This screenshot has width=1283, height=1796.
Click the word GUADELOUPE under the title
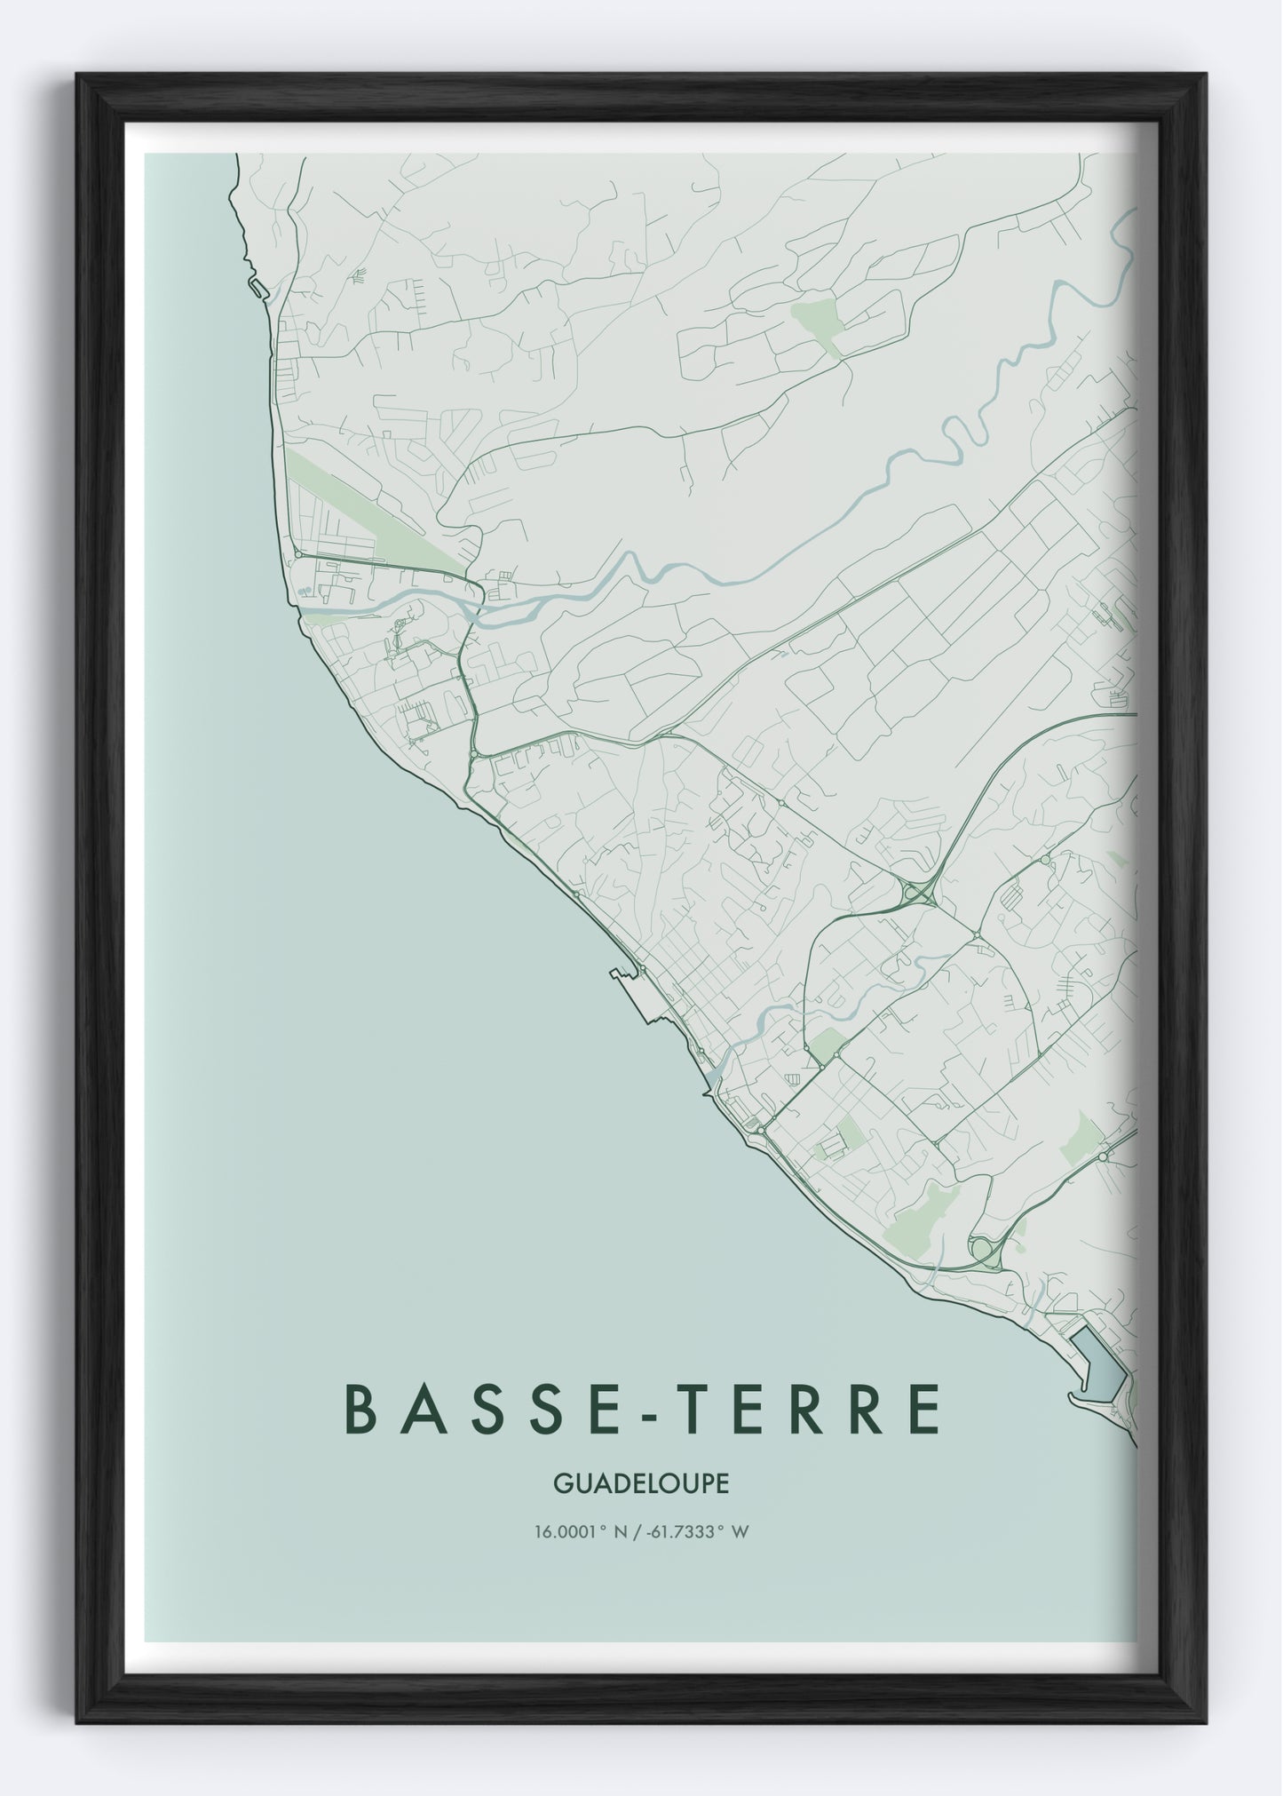pyautogui.click(x=640, y=1483)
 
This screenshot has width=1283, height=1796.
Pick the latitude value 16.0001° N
pyautogui.click(x=579, y=1531)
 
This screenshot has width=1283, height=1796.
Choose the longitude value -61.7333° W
pyautogui.click(x=701, y=1531)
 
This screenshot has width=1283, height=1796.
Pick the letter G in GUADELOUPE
pyautogui.click(x=560, y=1483)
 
